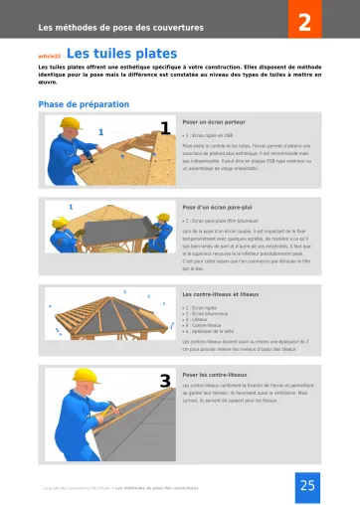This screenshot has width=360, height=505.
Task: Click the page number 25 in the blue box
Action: tap(305, 485)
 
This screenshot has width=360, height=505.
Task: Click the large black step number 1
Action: tap(165, 126)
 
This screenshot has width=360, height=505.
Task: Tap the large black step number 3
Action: tap(165, 381)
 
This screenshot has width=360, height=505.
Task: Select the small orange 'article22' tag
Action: tap(49, 57)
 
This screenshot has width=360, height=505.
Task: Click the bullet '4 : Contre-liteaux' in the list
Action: tap(206, 324)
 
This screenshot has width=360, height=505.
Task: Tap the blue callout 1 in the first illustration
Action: tap(100, 131)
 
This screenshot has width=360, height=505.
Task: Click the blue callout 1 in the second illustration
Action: tap(71, 206)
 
